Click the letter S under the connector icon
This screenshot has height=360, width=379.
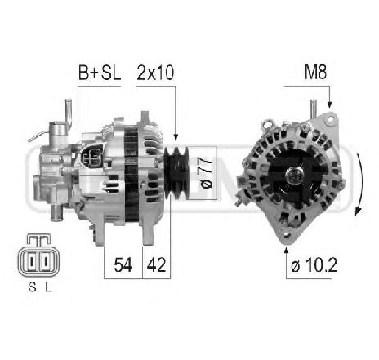[32, 287]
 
